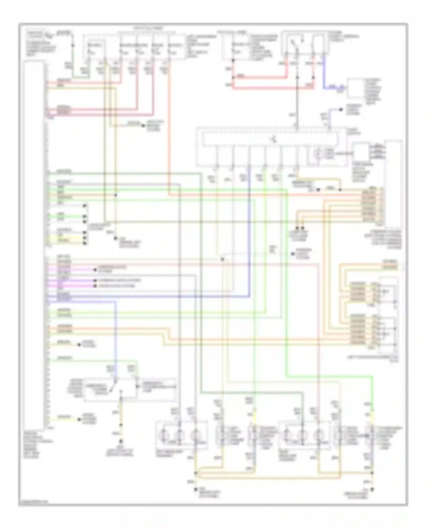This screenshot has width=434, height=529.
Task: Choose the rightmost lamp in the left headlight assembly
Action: click(196, 435)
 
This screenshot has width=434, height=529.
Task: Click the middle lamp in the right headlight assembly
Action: click(303, 435)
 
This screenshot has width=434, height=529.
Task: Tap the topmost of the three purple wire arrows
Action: click(95, 270)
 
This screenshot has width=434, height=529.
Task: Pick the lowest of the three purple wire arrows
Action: click(95, 286)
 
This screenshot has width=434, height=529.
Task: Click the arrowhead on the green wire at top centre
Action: click(143, 126)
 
